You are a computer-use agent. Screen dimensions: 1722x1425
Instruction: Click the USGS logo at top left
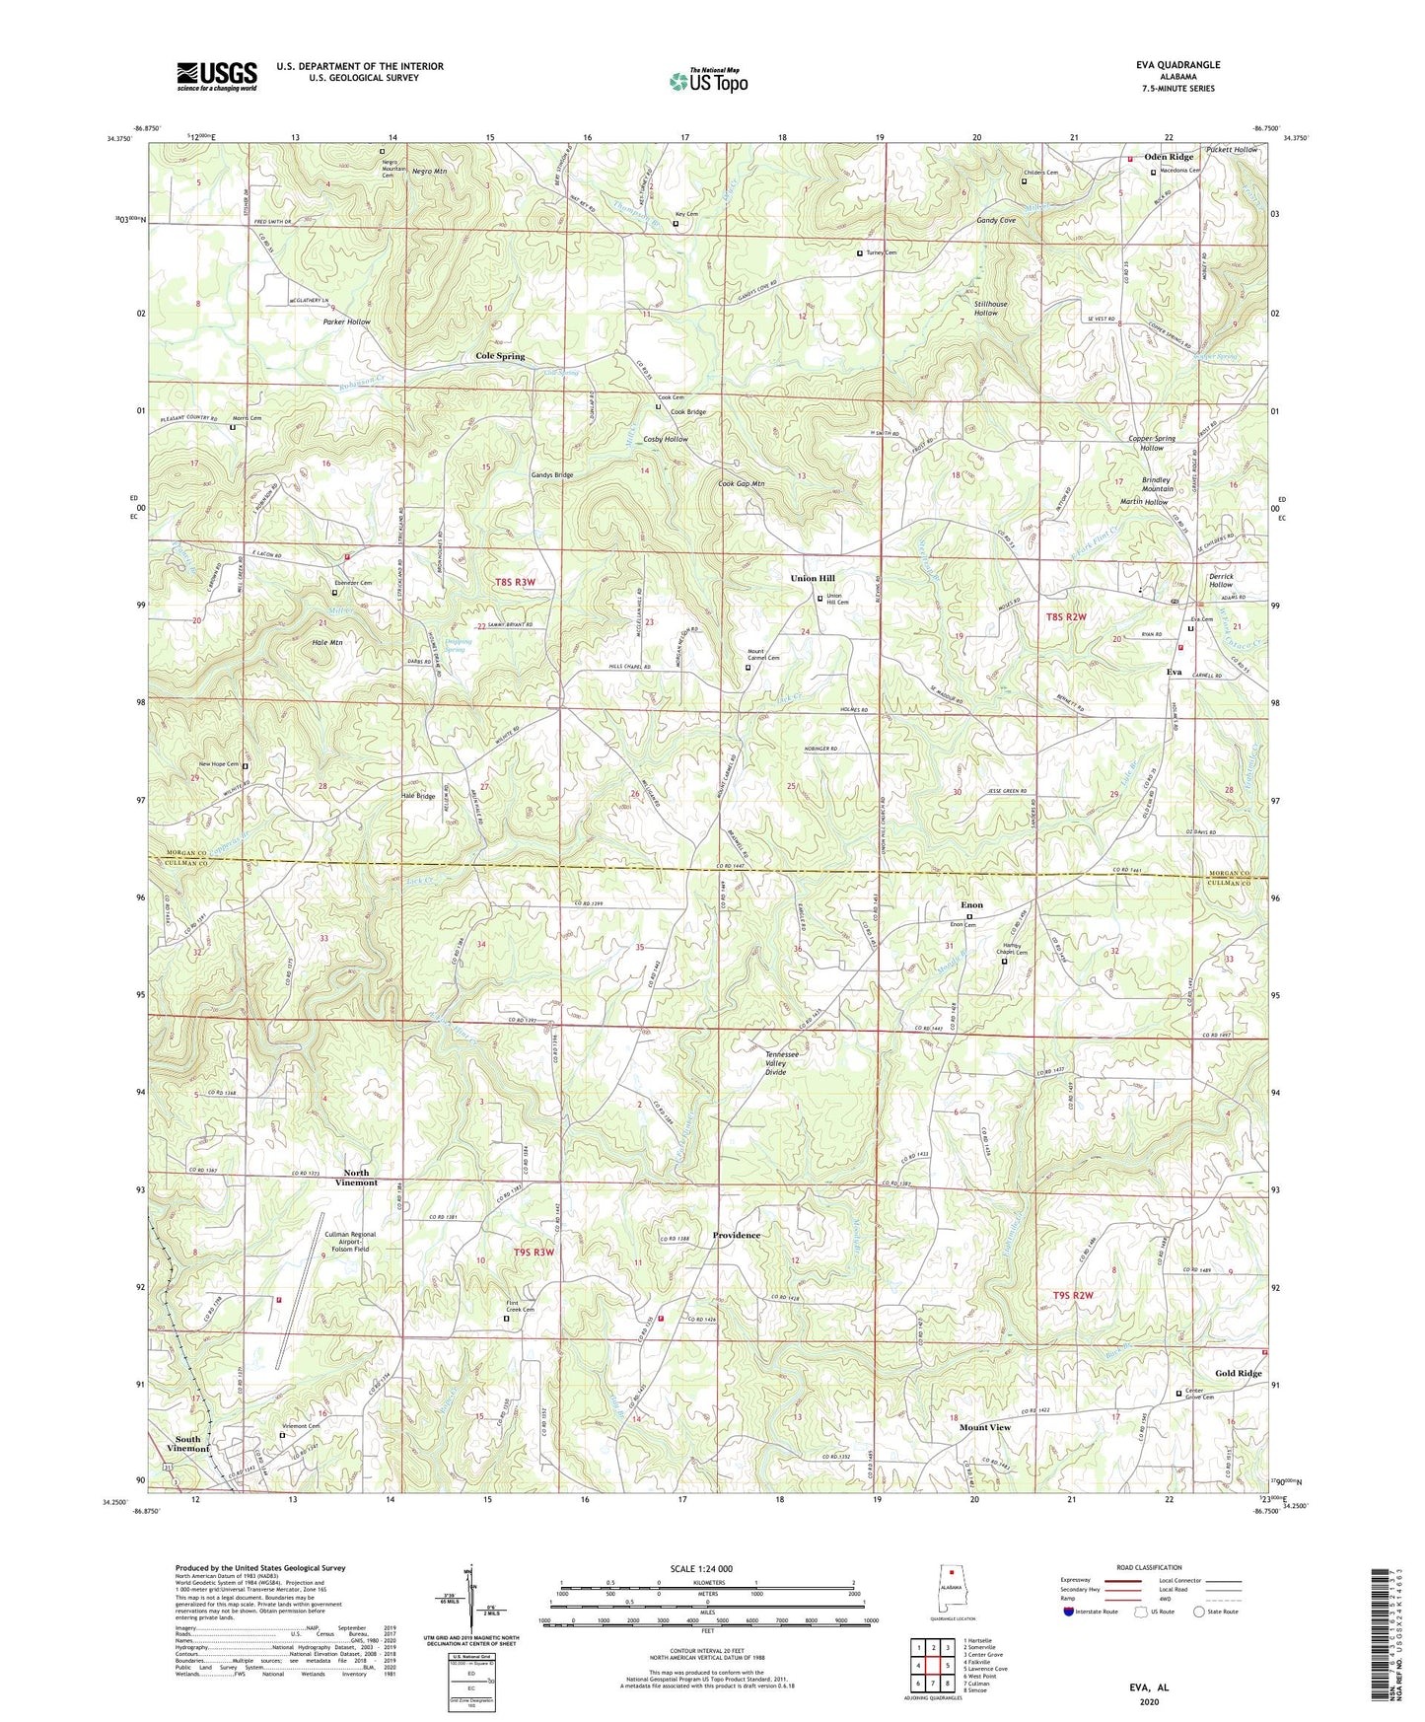coord(217,76)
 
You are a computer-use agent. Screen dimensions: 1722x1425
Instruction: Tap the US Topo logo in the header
coord(708,81)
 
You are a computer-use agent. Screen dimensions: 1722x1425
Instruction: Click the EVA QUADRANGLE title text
coord(1177,65)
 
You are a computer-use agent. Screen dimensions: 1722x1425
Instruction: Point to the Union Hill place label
coord(813,579)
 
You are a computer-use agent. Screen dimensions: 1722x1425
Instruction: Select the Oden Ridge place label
coord(1169,157)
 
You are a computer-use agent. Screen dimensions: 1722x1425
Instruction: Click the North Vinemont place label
coord(356,1178)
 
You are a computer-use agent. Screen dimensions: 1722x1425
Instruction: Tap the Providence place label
coord(737,1235)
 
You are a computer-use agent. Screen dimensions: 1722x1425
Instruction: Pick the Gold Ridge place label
coord(1238,1373)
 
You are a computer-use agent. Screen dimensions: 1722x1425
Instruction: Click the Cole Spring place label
coord(500,356)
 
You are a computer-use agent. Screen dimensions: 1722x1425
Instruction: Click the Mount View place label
coord(985,1427)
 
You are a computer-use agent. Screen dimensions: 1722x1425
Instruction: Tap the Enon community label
coord(971,904)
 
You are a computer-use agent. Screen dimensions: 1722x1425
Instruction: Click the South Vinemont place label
coord(187,1444)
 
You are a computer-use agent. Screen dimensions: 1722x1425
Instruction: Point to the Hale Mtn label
coord(326,642)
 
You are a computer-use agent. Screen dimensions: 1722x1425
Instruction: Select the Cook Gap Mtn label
coord(741,484)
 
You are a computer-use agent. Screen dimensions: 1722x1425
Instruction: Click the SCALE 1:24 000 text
coord(701,1568)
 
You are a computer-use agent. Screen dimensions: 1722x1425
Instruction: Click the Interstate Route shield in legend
coord(1069,1612)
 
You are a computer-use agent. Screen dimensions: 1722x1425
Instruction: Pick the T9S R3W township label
coord(534,1253)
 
